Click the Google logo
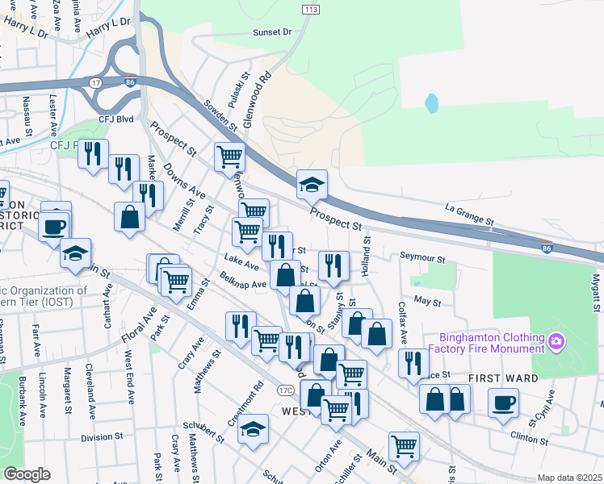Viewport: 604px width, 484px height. point(27,474)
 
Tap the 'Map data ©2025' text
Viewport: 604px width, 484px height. point(569,478)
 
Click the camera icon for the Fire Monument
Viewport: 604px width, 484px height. point(556,342)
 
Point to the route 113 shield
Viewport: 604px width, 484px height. point(311,9)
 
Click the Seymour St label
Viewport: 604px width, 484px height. point(422,258)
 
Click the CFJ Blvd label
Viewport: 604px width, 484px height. point(115,119)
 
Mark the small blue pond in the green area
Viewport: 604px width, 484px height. point(431,103)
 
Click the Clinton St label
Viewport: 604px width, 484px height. point(530,436)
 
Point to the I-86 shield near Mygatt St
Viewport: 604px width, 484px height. point(547,245)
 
